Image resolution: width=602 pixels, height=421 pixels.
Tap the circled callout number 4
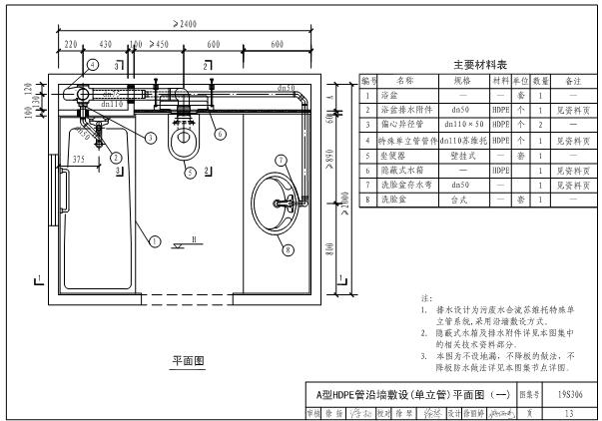[x=91, y=65]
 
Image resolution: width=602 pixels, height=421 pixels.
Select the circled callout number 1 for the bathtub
[x=155, y=240]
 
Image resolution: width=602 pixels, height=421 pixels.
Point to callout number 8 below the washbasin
[x=289, y=250]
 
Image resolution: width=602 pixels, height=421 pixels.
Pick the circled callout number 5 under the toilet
[x=190, y=173]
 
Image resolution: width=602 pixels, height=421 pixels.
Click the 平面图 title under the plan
[x=185, y=359]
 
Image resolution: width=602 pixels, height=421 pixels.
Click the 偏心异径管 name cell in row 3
[x=405, y=127]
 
